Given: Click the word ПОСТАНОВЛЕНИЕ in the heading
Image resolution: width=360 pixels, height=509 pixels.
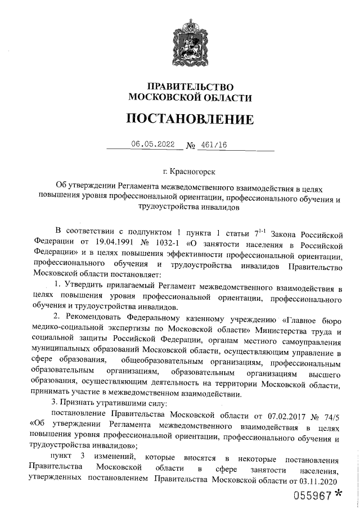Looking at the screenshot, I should (x=190, y=119).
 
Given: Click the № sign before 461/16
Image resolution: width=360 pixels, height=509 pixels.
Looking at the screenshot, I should (x=191, y=146).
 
